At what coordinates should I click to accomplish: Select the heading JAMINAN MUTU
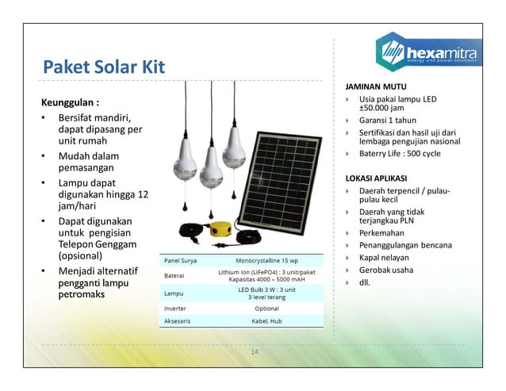375,86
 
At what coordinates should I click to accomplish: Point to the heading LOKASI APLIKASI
377,178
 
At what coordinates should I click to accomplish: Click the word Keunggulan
69,103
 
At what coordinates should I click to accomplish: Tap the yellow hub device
220,230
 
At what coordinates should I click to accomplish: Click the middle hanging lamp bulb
210,169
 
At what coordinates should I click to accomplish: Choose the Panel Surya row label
180,260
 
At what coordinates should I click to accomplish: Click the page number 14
254,352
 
